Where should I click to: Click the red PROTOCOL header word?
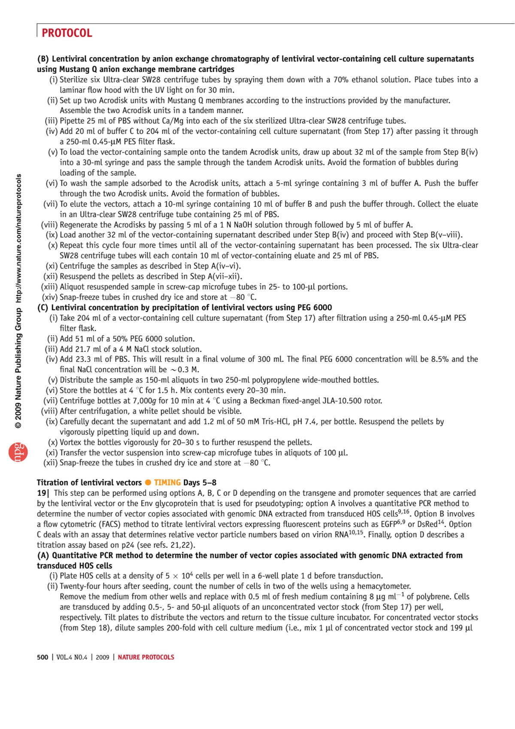tap(67, 33)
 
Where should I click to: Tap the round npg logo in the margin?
tap(18, 452)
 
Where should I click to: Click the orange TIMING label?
tap(167, 483)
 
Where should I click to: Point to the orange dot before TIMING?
tap(148, 483)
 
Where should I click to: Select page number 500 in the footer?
tap(42, 657)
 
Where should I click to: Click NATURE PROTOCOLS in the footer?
tap(146, 657)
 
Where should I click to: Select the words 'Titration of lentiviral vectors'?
tap(89, 483)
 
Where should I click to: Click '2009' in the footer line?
tap(102, 657)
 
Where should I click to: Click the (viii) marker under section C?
tap(49, 411)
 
